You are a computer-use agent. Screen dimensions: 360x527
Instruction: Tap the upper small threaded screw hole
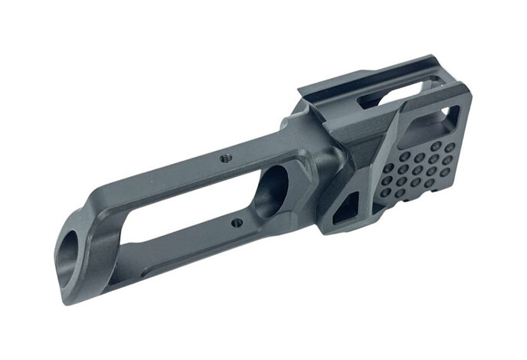pos(224,157)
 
